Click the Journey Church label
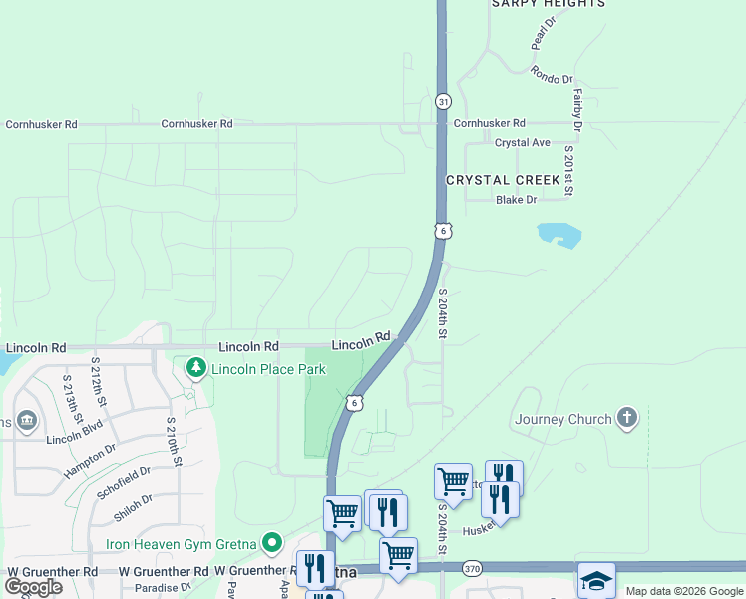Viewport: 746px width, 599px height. (562, 419)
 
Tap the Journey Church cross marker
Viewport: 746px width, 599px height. (626, 417)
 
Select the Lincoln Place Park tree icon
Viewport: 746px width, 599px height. (196, 369)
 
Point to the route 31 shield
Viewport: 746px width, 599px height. (443, 101)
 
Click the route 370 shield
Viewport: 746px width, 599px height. (473, 568)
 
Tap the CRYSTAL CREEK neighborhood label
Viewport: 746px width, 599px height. (503, 180)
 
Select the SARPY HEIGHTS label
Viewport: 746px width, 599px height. (548, 4)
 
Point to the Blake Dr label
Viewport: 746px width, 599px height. (516, 200)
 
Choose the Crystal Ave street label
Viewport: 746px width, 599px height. (523, 143)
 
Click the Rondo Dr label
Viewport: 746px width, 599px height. (552, 76)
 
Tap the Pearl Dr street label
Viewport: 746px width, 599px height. (543, 34)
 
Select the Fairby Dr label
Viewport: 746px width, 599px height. (576, 109)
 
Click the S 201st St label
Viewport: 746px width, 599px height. (568, 170)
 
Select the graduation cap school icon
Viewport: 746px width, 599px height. (596, 581)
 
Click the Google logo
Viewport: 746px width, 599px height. (33, 587)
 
